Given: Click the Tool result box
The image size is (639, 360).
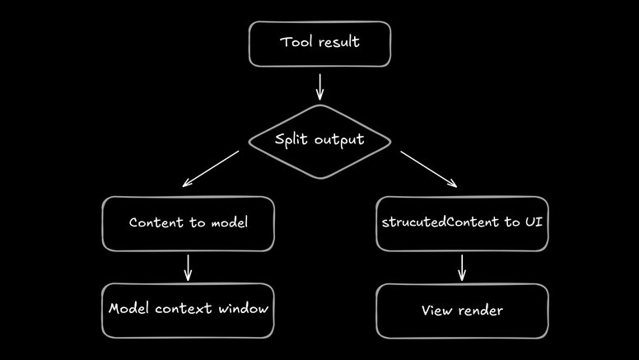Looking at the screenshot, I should pyautogui.click(x=319, y=44).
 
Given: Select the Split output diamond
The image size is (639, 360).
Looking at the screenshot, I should pyautogui.click(x=319, y=140).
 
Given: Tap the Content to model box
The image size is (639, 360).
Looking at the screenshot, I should pyautogui.click(x=188, y=223).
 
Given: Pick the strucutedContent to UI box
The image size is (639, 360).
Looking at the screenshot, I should pyautogui.click(x=462, y=223).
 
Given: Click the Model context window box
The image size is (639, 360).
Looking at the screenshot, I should pyautogui.click(x=188, y=310).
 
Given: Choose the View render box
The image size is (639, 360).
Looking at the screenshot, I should pyautogui.click(x=462, y=311).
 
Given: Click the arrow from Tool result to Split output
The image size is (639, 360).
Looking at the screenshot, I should pyautogui.click(x=319, y=86).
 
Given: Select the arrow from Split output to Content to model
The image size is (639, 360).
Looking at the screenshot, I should pyautogui.click(x=211, y=167).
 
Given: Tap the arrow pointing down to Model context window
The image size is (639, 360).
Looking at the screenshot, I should pyautogui.click(x=188, y=267).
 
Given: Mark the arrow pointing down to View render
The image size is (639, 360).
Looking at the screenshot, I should pyautogui.click(x=462, y=268).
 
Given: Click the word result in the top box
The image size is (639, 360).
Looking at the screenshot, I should pyautogui.click(x=338, y=42).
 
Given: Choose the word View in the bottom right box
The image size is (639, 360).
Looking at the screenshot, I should pyautogui.click(x=437, y=311).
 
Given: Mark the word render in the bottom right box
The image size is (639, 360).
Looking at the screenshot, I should pyautogui.click(x=482, y=311).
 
